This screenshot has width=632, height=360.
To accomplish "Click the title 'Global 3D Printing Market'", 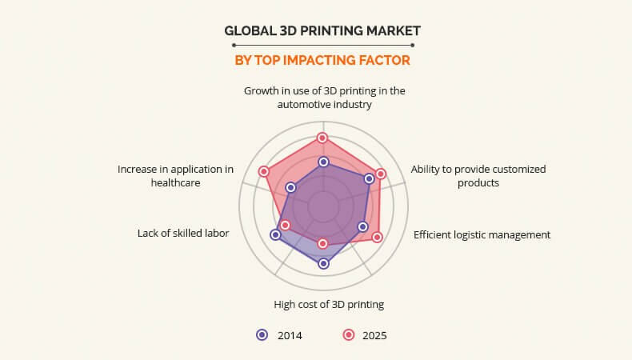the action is coord(322,30).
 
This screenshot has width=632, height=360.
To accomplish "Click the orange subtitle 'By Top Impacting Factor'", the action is coord(322,61).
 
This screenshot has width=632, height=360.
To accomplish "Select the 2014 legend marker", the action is coord(262,335).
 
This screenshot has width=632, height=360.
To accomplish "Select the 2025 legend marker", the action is coord(349,335).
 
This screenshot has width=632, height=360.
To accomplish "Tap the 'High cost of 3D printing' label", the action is coord(329,304).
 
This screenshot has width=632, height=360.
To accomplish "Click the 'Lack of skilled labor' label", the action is coord(183,233).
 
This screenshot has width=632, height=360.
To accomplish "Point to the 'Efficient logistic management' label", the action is coord(482,234).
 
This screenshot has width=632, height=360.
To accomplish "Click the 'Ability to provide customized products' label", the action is coord(478,176).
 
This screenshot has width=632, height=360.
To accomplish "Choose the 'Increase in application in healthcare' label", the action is coord(175,176).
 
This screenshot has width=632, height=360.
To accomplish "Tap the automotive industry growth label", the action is coord(325,98).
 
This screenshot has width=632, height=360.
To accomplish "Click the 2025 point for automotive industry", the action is coord(322,138).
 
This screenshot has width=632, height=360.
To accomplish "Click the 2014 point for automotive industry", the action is coord(323,162).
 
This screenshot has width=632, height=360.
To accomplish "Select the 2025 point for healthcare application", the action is coord(264,172).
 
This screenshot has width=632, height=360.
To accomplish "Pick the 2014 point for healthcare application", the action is coord(290,187).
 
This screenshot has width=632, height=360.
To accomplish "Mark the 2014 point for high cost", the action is coord(323,264).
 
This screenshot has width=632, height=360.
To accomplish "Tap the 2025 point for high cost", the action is coord(322,243).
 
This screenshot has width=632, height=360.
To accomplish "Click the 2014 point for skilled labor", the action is coord(275,234).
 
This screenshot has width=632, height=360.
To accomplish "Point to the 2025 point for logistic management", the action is coord(377,237).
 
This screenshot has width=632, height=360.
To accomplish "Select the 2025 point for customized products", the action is coord(381,174).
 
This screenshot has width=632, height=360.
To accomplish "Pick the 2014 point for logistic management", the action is coord(362,226).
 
